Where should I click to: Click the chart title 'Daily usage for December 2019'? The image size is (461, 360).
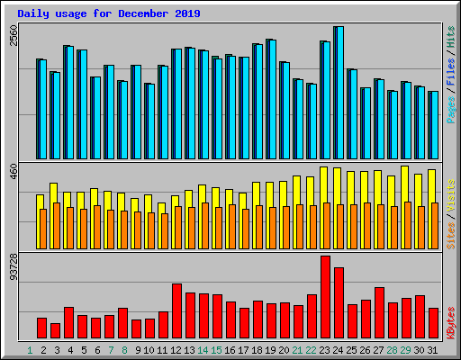(x=109, y=14)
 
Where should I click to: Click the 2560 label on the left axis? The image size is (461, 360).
(x=13, y=35)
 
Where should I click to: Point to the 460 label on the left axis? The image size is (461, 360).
(x=13, y=172)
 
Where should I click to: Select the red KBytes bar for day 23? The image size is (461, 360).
(x=325, y=297)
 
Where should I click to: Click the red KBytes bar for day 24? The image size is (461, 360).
(x=339, y=302)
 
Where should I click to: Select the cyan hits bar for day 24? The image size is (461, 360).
(x=339, y=93)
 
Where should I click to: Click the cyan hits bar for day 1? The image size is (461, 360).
(x=41, y=109)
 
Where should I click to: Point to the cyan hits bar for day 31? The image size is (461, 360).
(x=433, y=125)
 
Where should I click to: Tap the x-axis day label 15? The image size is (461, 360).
(x=217, y=349)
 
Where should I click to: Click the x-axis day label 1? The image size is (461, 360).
(x=30, y=349)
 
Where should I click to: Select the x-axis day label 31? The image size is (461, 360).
(x=433, y=349)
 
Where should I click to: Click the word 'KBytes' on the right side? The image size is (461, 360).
(x=451, y=321)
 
